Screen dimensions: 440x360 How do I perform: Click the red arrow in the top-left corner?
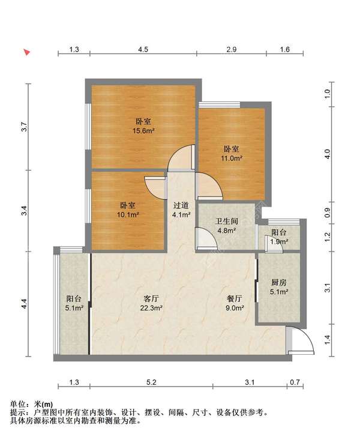click(27, 53)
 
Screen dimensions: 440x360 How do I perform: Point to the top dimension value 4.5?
click(143, 50)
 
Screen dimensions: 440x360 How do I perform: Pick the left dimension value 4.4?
click(23, 304)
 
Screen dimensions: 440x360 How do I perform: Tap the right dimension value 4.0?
click(328, 153)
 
